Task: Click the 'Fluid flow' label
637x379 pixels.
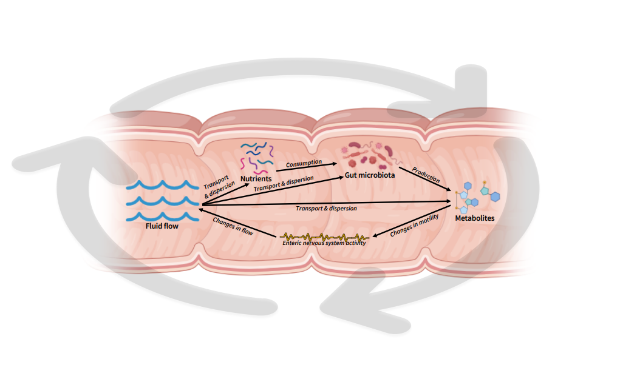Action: (162, 226)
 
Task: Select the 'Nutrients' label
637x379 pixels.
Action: (256, 179)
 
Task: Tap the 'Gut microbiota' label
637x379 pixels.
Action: (370, 175)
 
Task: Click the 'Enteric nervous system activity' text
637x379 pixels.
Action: (324, 243)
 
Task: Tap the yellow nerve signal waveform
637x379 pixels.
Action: (324, 236)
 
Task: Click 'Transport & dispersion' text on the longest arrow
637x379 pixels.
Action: (325, 208)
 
